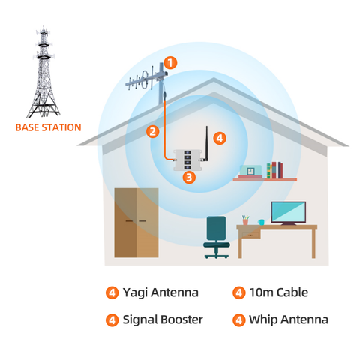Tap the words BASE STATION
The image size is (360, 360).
pyautogui.click(x=48, y=127)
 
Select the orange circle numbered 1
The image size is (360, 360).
pyautogui.click(x=171, y=64)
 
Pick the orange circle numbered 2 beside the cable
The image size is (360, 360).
pyautogui.click(x=153, y=131)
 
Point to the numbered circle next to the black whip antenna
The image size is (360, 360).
pyautogui.click(x=219, y=138)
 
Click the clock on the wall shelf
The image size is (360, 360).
pyautogui.click(x=253, y=170)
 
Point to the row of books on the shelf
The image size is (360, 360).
pyautogui.click(x=276, y=169)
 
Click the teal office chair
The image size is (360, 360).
pyautogui.click(x=216, y=235)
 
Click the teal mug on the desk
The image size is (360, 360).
pyautogui.click(x=261, y=222)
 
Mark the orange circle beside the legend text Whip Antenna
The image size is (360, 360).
pyautogui.click(x=239, y=319)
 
